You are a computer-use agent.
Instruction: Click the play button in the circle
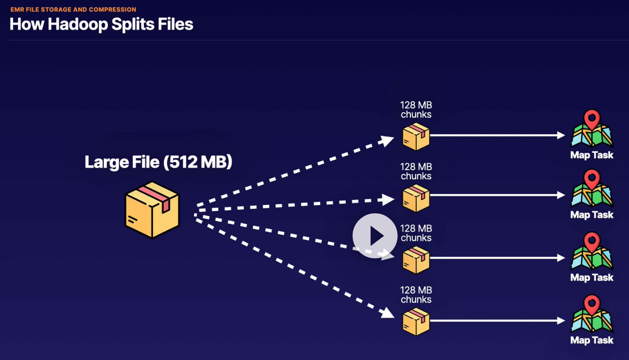pos(375,236)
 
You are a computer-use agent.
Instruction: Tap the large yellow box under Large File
pos(152,209)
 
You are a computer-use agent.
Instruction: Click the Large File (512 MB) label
pos(158,162)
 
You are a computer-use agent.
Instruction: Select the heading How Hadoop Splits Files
pos(101,24)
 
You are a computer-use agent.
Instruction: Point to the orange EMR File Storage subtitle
pos(73,9)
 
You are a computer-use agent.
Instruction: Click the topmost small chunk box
pos(416,136)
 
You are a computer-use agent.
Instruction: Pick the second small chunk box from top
pos(416,198)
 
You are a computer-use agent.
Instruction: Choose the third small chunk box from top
pos(416,260)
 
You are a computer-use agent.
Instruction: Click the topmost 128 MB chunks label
pos(416,110)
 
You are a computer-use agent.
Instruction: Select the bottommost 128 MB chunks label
pos(416,295)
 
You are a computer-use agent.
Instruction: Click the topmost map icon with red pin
pos(592,130)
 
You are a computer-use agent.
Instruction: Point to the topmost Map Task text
pos(592,155)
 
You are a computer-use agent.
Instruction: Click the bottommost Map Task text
pos(592,340)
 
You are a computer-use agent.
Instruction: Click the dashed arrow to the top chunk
pos(294,171)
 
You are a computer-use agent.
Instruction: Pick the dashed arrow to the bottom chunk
pos(294,267)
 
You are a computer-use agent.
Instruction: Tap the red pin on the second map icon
pos(591,178)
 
